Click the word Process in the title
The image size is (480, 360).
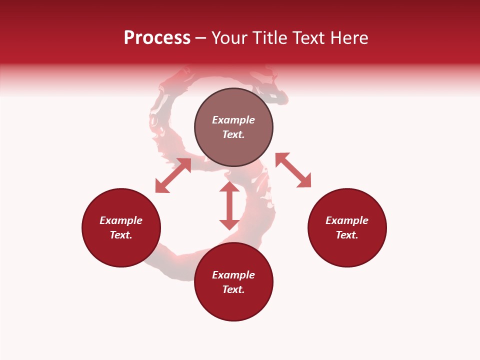tap(157, 38)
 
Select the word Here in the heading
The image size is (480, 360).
tap(349, 38)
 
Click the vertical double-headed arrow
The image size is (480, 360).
tap(229, 205)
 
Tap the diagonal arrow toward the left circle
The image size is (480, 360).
tap(173, 175)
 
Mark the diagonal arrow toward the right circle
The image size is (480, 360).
tap(293, 170)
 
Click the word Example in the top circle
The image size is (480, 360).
tap(233, 120)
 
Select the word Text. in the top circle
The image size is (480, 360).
tap(233, 134)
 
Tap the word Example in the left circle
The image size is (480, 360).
tap(121, 220)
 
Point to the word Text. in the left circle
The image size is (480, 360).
tap(121, 235)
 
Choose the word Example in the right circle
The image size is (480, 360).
tap(347, 220)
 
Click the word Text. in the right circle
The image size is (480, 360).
tap(347, 235)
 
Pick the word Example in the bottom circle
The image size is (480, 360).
tap(233, 275)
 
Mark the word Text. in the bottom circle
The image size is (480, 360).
tap(233, 289)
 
